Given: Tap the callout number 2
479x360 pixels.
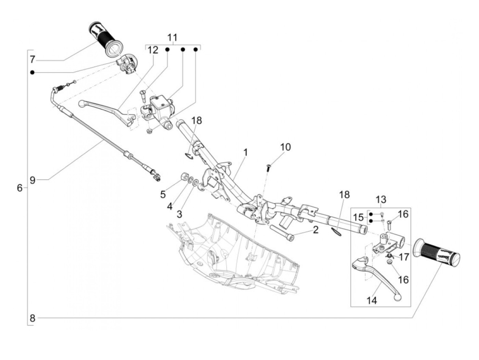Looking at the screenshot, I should (x=315, y=230).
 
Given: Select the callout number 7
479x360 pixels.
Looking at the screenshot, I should (x=32, y=60).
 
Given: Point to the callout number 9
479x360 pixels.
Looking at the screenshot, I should (x=32, y=180).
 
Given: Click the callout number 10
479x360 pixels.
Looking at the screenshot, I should (x=285, y=147).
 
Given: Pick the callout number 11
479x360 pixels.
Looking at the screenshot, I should (x=173, y=37).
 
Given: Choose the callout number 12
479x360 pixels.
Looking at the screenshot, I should (x=153, y=50).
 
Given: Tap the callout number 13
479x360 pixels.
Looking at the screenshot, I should (x=381, y=200).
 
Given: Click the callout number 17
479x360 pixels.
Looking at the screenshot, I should (x=404, y=257).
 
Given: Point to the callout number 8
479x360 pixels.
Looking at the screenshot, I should (x=32, y=318).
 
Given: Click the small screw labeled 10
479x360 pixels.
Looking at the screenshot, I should (x=268, y=168).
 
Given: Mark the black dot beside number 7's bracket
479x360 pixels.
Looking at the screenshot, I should (x=32, y=73).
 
